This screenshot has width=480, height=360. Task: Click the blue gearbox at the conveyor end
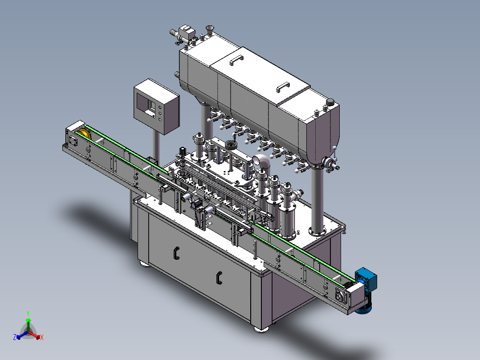[366, 279]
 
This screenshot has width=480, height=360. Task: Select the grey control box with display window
[156, 106]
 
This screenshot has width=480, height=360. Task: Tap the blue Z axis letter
[15, 337]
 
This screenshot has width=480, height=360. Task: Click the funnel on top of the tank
[210, 30]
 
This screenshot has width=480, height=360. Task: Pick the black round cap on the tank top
[330, 102]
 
